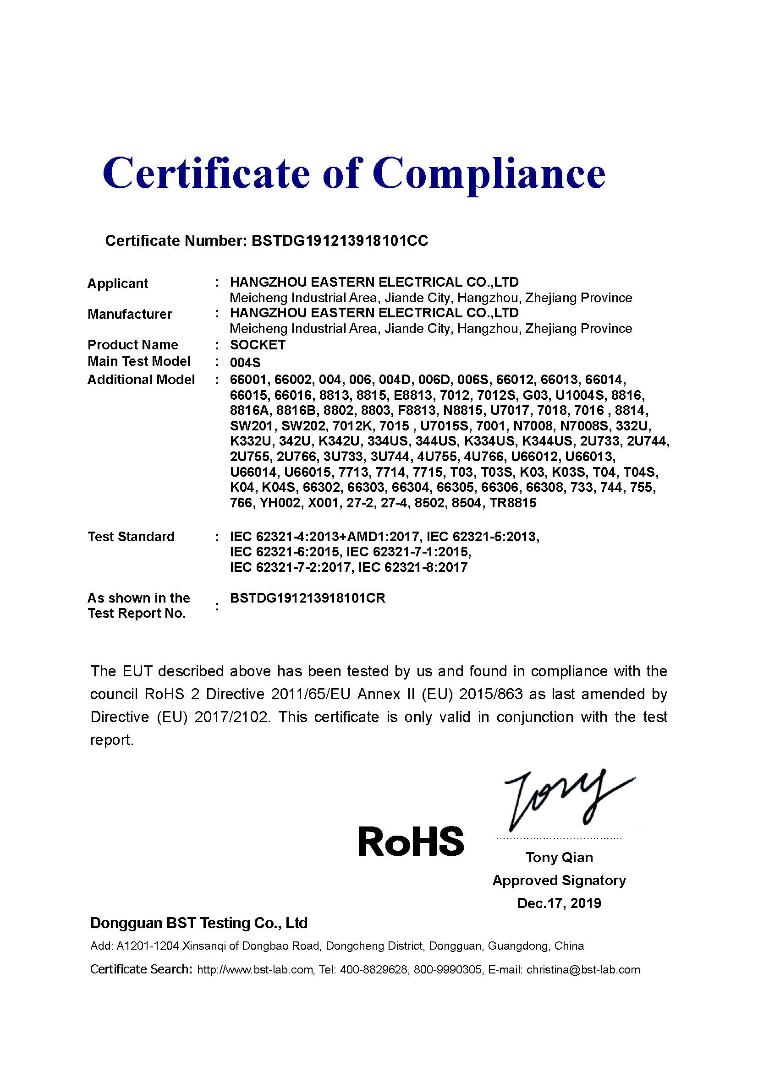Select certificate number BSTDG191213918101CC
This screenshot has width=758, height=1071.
click(340, 241)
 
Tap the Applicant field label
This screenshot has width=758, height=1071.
click(118, 283)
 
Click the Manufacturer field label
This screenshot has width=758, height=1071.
click(130, 314)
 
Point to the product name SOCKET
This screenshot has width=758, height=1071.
click(258, 345)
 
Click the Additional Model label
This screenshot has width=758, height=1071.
click(141, 380)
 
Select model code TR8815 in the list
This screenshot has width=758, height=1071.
click(513, 503)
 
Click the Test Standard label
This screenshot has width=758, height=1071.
click(131, 537)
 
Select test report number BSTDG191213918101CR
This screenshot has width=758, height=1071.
click(308, 598)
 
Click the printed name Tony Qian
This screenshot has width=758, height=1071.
click(559, 857)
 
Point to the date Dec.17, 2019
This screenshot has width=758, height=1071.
click(559, 903)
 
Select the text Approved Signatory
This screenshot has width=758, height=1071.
click(559, 880)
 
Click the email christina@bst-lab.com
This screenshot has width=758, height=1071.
click(583, 970)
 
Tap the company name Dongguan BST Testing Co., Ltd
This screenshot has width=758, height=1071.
click(199, 923)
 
